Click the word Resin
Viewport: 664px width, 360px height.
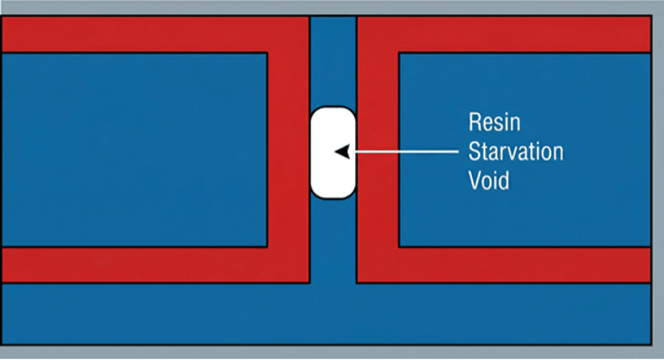(490, 123)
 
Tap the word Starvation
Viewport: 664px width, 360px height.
(516, 152)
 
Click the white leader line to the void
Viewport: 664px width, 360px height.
(406, 152)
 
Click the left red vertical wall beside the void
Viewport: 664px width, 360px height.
(289, 150)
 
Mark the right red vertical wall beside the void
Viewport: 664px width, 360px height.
(378, 150)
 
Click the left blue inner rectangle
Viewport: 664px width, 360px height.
(132, 150)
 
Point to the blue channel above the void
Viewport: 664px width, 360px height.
(333, 62)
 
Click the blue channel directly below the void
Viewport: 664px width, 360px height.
(333, 238)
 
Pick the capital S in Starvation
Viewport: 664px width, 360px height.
(473, 152)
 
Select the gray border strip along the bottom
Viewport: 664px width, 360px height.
(332, 352)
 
